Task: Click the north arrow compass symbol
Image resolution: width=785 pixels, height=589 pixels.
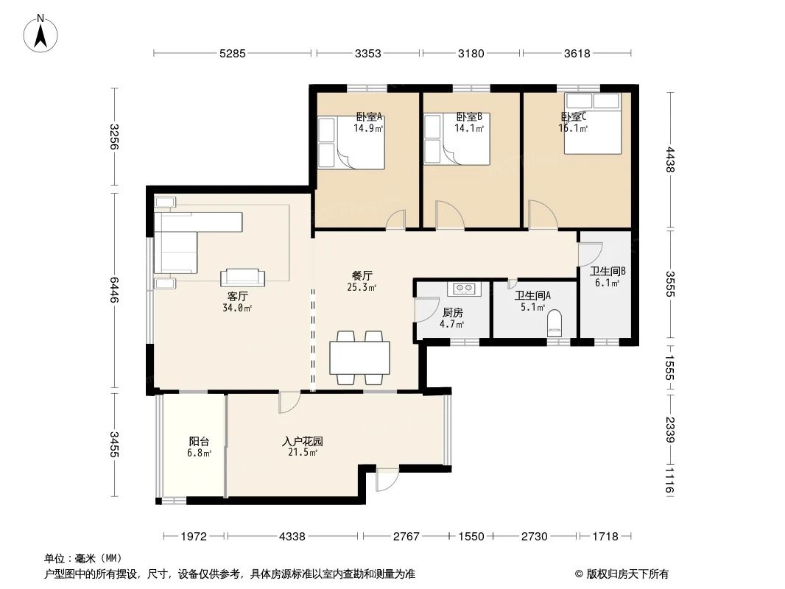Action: (41, 34)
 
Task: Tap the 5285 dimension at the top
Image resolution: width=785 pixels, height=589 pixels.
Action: (233, 53)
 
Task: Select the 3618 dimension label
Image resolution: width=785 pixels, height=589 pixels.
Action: (577, 53)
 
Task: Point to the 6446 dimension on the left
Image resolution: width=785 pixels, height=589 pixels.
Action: (114, 290)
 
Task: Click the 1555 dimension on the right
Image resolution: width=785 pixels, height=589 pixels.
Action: (670, 367)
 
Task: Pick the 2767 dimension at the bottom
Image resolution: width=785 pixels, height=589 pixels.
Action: (406, 537)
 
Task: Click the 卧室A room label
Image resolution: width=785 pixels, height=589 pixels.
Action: (369, 116)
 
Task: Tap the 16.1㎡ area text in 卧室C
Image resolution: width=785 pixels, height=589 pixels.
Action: (573, 128)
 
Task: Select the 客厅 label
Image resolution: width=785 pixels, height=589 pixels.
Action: (237, 296)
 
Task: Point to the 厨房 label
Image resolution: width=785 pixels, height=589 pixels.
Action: (453, 313)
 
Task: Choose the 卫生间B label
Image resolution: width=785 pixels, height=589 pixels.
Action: (608, 271)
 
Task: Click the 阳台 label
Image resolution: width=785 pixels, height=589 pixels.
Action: (199, 441)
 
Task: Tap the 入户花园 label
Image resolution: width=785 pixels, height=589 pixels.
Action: (303, 441)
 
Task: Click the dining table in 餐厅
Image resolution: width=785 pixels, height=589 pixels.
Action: (359, 357)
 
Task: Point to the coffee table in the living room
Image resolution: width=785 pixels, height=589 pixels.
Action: (243, 277)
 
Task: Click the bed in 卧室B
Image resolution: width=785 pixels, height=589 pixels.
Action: (457, 139)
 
